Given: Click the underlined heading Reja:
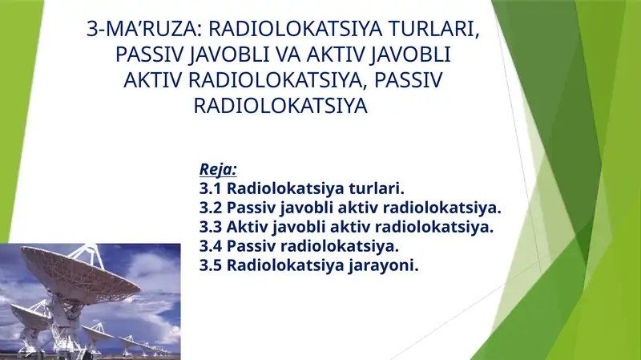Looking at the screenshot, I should tap(218, 170).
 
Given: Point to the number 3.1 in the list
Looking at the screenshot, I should tap(211, 189).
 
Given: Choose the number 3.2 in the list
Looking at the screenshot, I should tap(211, 208).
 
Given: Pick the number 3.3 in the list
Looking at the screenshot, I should tap(211, 227).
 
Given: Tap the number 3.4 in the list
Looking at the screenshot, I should tap(211, 246).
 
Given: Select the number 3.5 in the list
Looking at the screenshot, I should tap(211, 265).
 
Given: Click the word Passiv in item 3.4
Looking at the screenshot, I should tap(252, 246).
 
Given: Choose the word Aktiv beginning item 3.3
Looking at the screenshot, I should tap(248, 227).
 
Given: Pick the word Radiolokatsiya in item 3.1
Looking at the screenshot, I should tap(283, 189).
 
